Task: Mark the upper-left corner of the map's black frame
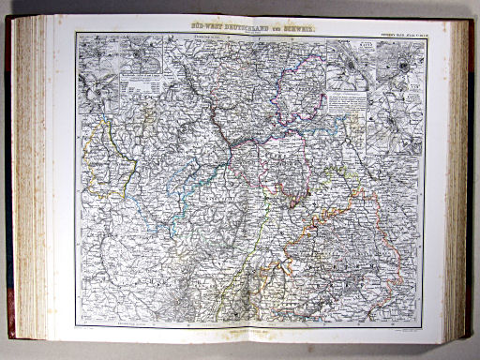tap(78, 35)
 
